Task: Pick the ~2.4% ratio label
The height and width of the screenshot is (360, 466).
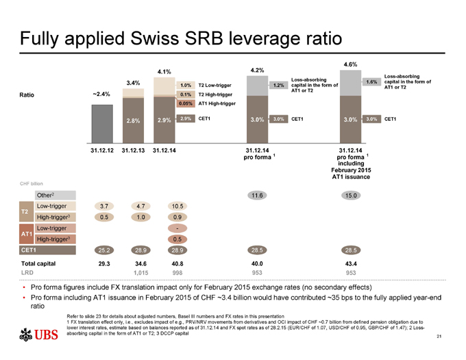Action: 101,95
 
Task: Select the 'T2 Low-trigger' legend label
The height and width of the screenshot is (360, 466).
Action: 217,85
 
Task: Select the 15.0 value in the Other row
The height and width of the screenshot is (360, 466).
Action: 349,196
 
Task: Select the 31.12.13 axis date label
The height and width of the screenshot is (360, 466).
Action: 133,149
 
